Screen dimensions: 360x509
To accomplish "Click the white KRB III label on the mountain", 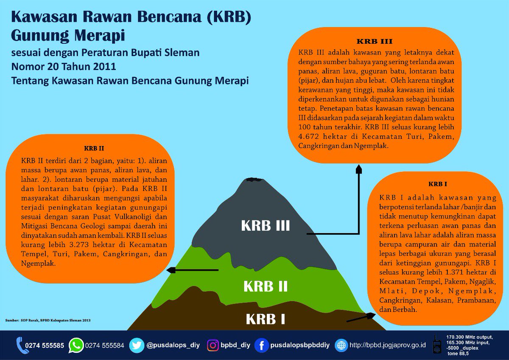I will pyautogui.click(x=266, y=225).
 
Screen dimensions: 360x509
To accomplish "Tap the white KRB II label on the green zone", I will pyautogui.click(x=266, y=287).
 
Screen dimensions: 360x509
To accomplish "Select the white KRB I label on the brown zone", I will pyautogui.click(x=266, y=318).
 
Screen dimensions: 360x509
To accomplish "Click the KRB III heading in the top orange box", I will pyautogui.click(x=375, y=42).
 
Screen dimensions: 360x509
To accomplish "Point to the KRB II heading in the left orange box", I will pyautogui.click(x=94, y=149).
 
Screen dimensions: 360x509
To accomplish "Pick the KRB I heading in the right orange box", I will pyautogui.click(x=438, y=184).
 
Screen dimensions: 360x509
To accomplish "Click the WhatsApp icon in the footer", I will pyautogui.click(x=76, y=345).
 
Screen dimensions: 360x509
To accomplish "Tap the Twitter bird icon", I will pyautogui.click(x=137, y=345).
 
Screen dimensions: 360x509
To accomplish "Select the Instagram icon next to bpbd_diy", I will pyautogui.click(x=213, y=345).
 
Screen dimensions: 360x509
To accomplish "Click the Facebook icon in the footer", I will pyautogui.click(x=262, y=345).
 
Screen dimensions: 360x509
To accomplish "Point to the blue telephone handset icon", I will pyautogui.click(x=20, y=345).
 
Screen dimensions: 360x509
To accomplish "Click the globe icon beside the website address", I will pyautogui.click(x=341, y=345).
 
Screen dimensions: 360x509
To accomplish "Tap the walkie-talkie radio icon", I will pyautogui.click(x=436, y=345).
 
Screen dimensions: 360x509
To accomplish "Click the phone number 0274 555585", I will pyautogui.click(x=45, y=346).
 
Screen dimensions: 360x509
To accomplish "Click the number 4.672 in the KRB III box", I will pyautogui.click(x=310, y=138).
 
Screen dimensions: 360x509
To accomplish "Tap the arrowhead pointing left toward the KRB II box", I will pyautogui.click(x=171, y=270).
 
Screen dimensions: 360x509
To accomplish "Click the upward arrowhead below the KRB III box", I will pyautogui.click(x=359, y=169).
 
